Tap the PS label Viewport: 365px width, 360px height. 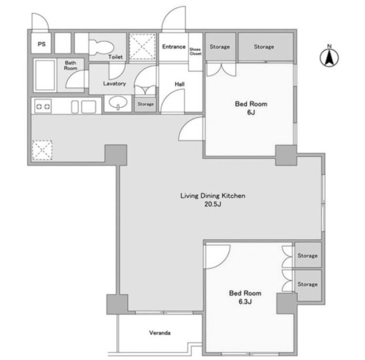[x=42, y=44]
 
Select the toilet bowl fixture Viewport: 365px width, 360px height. [x=102, y=48]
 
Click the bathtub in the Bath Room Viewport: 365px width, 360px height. [x=45, y=75]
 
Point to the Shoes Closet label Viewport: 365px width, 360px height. [x=195, y=52]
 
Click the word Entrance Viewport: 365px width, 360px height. [x=174, y=47]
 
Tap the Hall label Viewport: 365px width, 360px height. [x=180, y=84]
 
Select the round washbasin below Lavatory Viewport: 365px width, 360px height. [x=118, y=102]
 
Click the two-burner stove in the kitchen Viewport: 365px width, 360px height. [x=43, y=107]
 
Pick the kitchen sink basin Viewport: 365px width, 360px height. [x=89, y=107]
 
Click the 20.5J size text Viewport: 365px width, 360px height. [x=213, y=204]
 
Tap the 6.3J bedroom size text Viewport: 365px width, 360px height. [x=245, y=302]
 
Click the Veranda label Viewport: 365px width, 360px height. [x=160, y=333]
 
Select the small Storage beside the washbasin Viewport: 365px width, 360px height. [x=145, y=104]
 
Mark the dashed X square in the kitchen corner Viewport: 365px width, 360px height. [x=42, y=151]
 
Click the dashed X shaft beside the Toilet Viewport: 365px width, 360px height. [x=142, y=46]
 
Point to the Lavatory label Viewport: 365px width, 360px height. [x=114, y=83]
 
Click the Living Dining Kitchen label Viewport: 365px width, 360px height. [x=213, y=196]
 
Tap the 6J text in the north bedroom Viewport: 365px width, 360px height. [x=251, y=113]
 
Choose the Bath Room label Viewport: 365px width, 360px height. [x=70, y=65]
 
